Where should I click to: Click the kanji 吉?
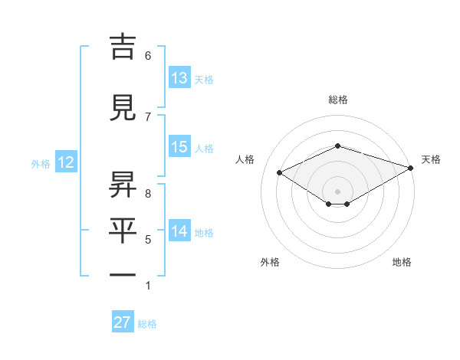[122, 47]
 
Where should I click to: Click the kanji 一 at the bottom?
[122, 275]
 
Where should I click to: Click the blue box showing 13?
[179, 78]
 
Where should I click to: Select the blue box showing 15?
[179, 147]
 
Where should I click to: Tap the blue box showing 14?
[179, 231]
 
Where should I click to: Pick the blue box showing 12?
[65, 162]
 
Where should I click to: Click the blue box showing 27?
[123, 322]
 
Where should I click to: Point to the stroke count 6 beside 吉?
[148, 55]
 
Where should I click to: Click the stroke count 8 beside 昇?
[148, 194]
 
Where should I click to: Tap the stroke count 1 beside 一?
[148, 286]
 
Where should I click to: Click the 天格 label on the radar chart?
[432, 159]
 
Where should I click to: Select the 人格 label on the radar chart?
[245, 159]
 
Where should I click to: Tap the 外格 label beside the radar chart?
[270, 262]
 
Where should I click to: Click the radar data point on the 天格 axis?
[412, 168]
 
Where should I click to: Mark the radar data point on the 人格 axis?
[279, 172]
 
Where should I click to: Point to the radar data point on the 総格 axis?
[337, 146]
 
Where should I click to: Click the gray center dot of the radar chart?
[337, 191]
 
